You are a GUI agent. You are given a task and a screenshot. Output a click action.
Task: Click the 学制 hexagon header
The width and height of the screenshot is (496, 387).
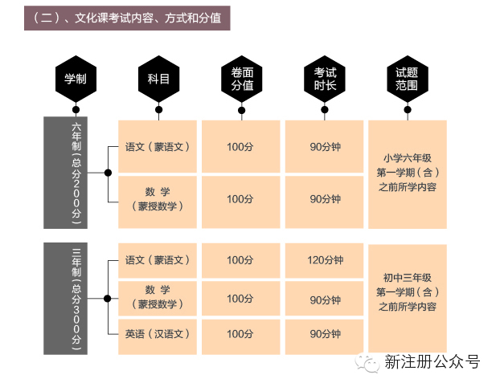pos(76,78)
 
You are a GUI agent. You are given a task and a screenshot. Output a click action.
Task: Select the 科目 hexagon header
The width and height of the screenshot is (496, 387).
pos(158,78)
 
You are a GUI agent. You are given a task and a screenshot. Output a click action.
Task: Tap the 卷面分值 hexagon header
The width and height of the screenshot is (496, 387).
pos(242,78)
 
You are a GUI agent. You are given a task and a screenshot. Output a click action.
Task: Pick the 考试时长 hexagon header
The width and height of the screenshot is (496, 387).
pos(325,78)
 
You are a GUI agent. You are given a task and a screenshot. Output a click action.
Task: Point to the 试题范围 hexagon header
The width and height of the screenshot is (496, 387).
pos(408,78)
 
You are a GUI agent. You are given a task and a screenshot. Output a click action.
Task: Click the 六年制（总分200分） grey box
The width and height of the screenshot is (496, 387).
pos(76,172)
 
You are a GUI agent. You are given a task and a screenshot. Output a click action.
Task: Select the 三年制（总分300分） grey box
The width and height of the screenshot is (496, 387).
pos(76,298)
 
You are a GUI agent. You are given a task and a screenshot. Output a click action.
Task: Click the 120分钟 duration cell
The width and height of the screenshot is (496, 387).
pos(325,260)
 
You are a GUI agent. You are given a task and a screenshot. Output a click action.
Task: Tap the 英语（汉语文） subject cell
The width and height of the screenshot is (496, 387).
pos(158,333)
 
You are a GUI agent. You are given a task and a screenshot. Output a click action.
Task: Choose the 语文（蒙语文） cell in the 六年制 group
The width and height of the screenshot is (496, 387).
pos(158,147)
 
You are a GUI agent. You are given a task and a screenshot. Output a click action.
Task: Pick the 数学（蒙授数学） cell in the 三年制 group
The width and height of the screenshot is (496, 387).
pos(158,298)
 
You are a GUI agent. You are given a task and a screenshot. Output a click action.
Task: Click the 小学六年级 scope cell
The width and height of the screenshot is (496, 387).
pos(408,173)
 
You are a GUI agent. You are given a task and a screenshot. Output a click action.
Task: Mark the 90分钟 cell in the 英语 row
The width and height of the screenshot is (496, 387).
pos(325,333)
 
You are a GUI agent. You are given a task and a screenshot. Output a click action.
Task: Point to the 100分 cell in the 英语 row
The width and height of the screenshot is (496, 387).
pos(240,333)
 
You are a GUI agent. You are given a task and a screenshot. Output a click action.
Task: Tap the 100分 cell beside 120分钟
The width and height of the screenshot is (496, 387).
pos(240,260)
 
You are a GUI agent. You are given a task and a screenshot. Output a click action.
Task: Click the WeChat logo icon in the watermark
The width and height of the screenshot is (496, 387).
pos(369,363)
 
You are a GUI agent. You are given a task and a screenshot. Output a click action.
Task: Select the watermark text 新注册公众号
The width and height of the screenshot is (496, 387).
pos(432,363)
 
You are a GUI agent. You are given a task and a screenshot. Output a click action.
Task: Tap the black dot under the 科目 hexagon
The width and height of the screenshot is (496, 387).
pos(158,110)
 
